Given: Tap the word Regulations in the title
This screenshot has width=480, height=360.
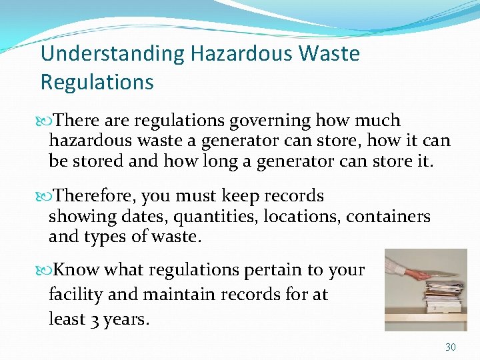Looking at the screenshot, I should click(x=97, y=82).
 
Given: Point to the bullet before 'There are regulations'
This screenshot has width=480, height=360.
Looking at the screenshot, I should click(x=46, y=121).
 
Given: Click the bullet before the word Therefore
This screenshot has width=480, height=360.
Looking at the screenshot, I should click(x=46, y=196).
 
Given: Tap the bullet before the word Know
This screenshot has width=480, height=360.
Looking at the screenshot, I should click(x=46, y=270).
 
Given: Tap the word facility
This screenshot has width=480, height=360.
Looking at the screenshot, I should click(x=73, y=295).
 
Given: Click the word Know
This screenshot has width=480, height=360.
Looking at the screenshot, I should click(x=77, y=270).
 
